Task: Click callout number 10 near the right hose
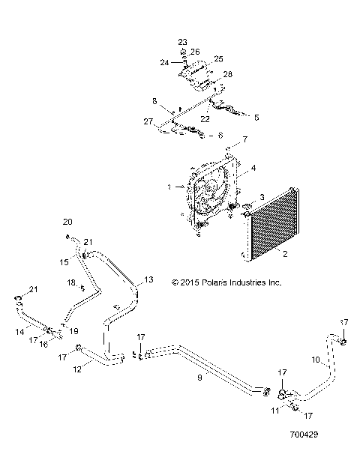click(x=316, y=360)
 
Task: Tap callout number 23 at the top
click(x=183, y=42)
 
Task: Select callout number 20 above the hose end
click(x=68, y=222)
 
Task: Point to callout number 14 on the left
click(x=19, y=330)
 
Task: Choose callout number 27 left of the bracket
click(x=148, y=121)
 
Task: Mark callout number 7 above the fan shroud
click(x=244, y=140)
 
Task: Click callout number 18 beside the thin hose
click(x=72, y=282)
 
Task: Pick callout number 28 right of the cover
click(x=227, y=74)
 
